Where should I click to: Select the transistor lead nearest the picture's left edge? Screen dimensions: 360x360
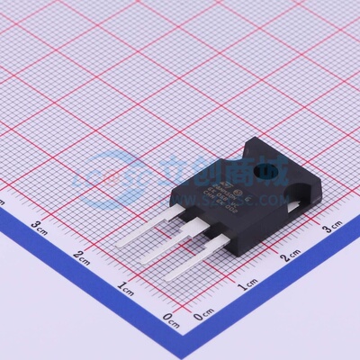tap(144, 226)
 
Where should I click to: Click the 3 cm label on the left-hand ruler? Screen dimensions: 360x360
tap(39, 224)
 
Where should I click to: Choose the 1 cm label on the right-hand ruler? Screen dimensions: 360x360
tap(246, 288)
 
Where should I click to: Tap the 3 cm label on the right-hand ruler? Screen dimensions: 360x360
tap(332, 229)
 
